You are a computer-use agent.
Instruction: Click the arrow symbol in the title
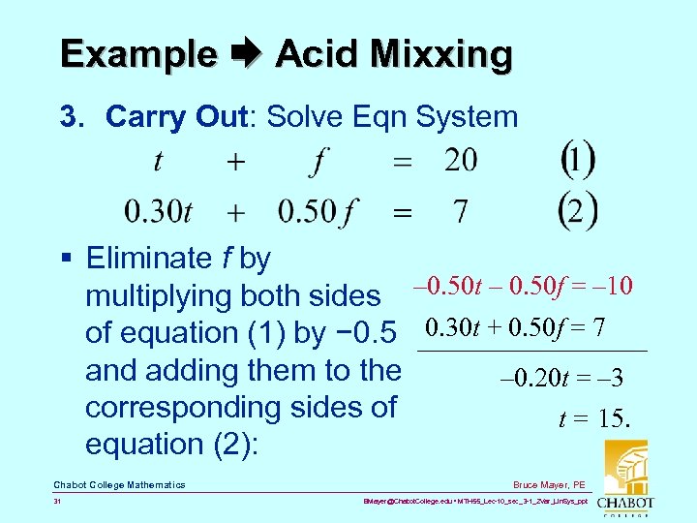coord(246,54)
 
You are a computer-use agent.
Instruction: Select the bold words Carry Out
coord(176,116)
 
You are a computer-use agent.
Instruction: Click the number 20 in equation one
coord(461,161)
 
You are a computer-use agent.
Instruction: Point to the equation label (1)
coord(578,161)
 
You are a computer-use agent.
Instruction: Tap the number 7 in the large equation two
coord(461,210)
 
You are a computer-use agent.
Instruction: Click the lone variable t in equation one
coord(158,161)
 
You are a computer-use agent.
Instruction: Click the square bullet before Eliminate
coord(65,259)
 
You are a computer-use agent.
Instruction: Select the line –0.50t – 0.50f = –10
coord(523,286)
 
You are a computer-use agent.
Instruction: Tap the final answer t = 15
coord(594,418)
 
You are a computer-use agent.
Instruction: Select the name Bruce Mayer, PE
coord(550,484)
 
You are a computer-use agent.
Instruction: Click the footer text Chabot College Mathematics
coord(119,484)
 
